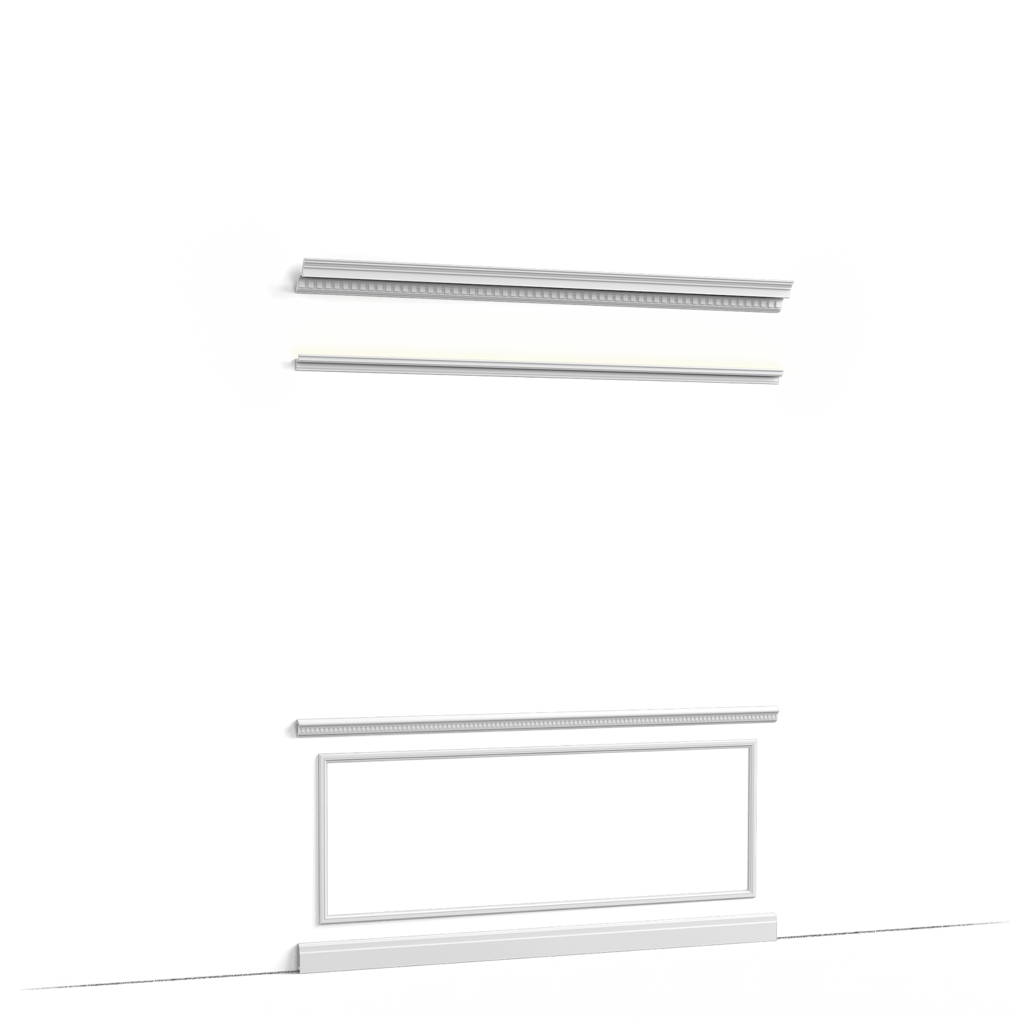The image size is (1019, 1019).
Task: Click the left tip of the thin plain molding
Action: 298,363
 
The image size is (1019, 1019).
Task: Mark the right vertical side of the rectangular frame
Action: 752,818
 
